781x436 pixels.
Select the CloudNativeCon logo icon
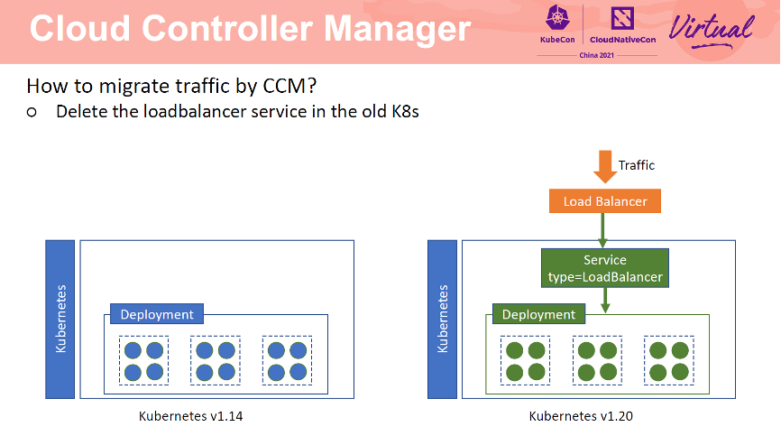point(622,18)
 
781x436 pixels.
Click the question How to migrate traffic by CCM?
point(171,87)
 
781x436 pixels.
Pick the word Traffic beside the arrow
point(636,165)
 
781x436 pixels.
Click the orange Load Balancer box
point(604,201)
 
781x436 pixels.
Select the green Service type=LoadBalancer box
point(604,268)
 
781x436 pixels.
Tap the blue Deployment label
point(157,314)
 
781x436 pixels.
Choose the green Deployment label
point(538,314)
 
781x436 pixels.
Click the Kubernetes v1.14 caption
point(190,416)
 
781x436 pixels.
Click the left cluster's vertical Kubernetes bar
point(60,319)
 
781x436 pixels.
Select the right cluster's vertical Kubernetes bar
point(442,319)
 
